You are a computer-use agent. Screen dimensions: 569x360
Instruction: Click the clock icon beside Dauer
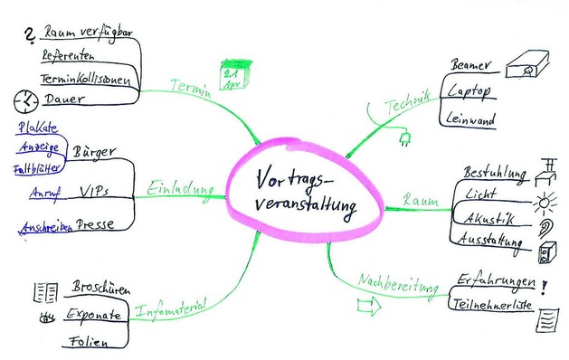click(26, 100)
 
